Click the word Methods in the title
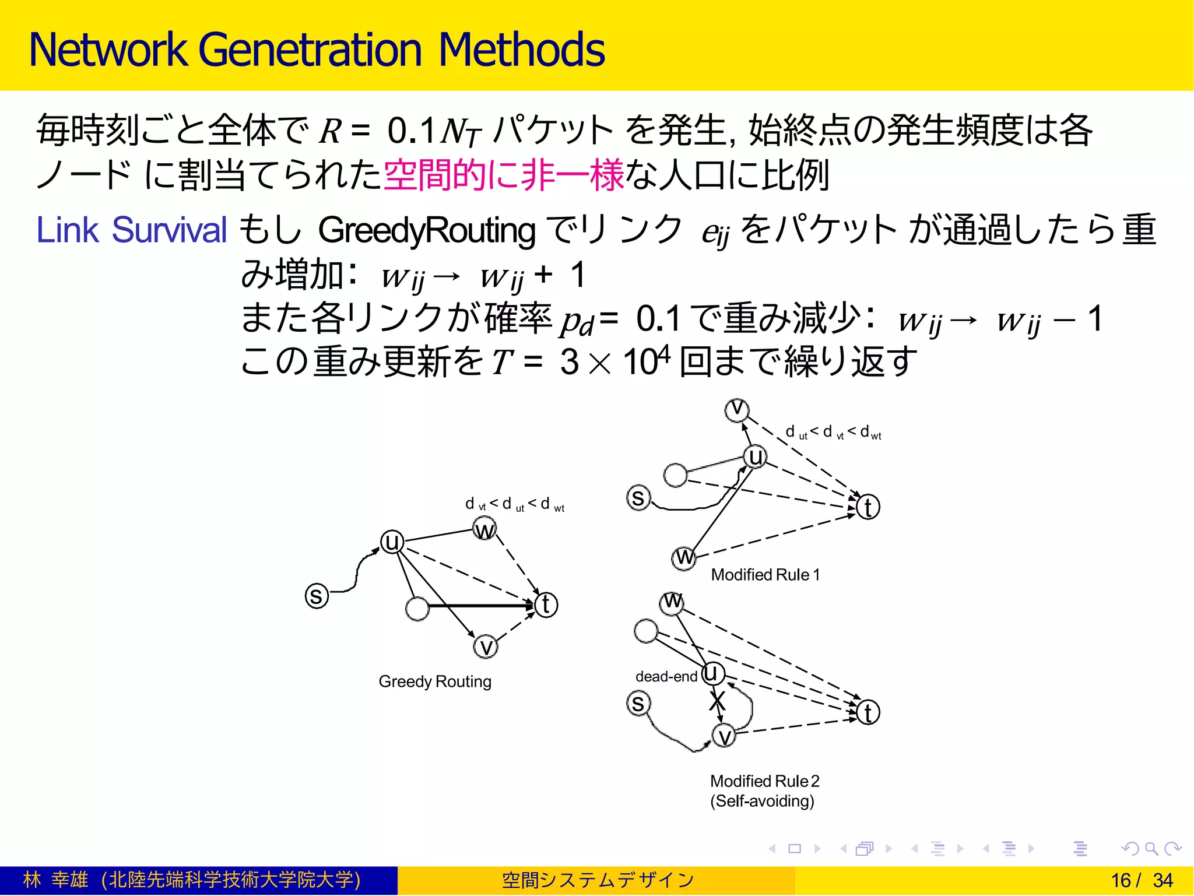tap(521, 50)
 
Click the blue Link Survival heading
tap(131, 230)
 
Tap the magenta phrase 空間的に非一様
tap(504, 175)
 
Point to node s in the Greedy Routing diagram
tap(317, 596)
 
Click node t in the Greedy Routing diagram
tap(546, 605)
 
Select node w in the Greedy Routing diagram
tap(484, 530)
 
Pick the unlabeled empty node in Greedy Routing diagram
tap(417, 609)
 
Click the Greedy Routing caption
tap(435, 681)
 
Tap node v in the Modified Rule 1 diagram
tap(737, 409)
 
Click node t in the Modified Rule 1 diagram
tap(868, 507)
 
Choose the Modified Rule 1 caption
tap(765, 575)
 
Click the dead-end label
tap(666, 677)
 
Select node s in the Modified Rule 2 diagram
tap(638, 703)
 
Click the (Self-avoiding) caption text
tap(762, 801)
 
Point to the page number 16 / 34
tap(1142, 880)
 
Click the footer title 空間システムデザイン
tap(598, 880)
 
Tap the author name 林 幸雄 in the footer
tap(56, 880)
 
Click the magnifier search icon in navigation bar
tap(1151, 849)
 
